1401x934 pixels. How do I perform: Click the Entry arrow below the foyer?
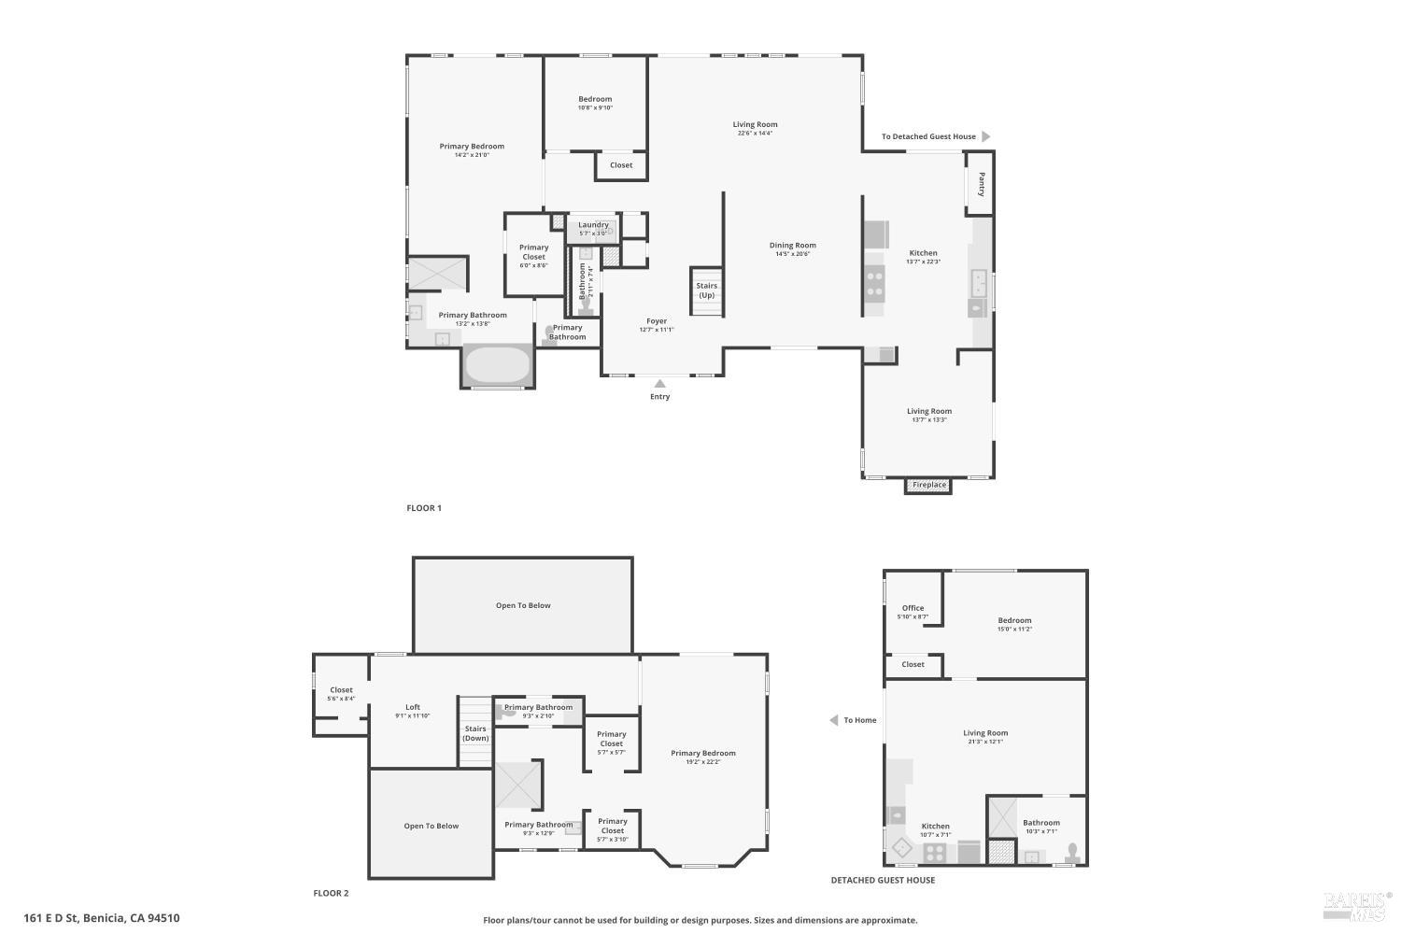click(659, 383)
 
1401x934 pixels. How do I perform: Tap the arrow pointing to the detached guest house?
click(985, 136)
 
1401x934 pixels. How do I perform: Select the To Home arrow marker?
click(833, 720)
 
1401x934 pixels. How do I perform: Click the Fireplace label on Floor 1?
click(928, 485)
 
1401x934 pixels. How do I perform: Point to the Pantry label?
click(982, 184)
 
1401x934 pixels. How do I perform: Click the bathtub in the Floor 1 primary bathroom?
click(498, 365)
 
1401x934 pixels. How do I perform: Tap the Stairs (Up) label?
click(707, 290)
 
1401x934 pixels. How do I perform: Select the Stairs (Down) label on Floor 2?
click(475, 733)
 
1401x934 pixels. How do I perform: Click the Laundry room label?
click(593, 225)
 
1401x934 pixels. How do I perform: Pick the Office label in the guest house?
click(913, 608)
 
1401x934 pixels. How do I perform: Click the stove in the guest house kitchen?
click(935, 852)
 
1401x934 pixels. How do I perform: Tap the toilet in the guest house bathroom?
click(1073, 853)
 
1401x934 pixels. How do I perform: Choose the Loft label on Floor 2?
click(413, 707)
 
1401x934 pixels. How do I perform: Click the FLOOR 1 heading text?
click(424, 508)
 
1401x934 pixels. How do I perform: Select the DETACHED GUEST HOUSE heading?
click(883, 880)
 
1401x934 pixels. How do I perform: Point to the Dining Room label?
click(793, 246)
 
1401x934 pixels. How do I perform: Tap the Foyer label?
click(657, 321)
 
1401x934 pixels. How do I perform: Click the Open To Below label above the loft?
click(523, 605)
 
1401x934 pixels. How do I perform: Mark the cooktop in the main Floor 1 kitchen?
click(875, 282)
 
